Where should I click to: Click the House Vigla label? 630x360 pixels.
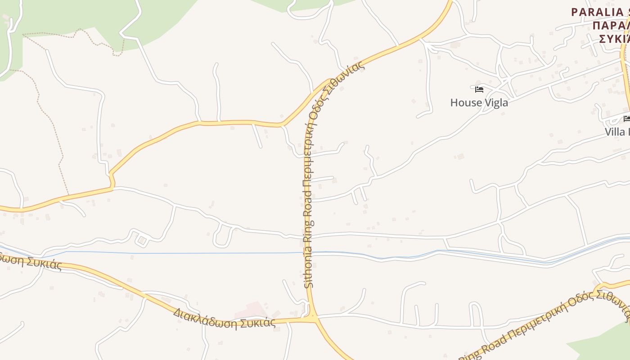point(479,103)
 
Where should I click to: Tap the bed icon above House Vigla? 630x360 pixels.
point(479,90)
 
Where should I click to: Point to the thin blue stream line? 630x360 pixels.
point(180,253)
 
